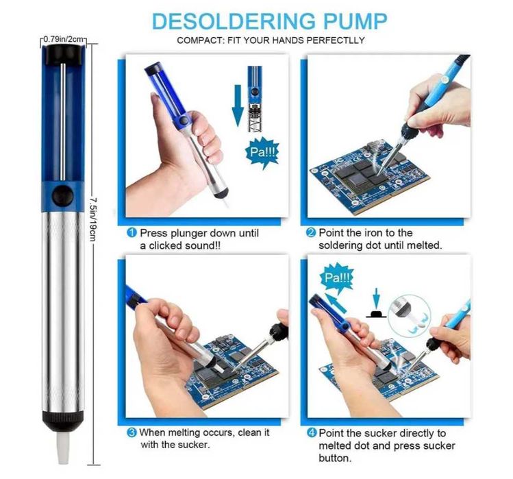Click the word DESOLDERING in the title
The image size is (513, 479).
point(234,21)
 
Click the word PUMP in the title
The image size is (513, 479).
point(355,21)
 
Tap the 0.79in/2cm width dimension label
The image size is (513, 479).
point(64,39)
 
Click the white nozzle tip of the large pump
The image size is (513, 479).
point(63,447)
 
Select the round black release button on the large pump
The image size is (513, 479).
point(62,196)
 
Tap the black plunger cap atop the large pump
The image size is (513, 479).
point(63,54)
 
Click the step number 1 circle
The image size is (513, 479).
point(132,233)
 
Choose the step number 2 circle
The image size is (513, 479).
point(310,233)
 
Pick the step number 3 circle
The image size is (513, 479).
point(132,432)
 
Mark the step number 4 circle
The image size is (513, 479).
point(312,433)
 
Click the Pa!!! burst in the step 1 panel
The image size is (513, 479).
point(263,153)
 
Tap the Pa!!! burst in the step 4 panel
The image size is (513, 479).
point(337,278)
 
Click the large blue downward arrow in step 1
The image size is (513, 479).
point(238,106)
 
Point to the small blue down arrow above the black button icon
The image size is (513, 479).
point(377,299)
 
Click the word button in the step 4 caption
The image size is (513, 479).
point(335,458)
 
